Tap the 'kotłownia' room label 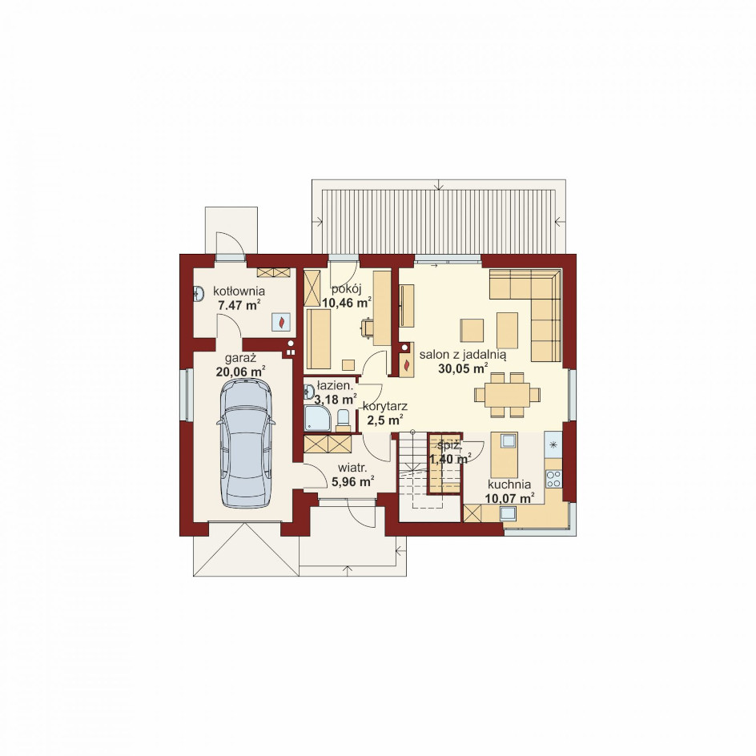click(x=239, y=292)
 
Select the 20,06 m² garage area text click(x=240, y=372)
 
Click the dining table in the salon click(x=508, y=395)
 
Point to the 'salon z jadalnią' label click(x=462, y=356)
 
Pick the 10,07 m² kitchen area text click(x=509, y=498)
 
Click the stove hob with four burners click(x=553, y=478)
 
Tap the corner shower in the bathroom click(x=317, y=417)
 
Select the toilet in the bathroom click(x=343, y=420)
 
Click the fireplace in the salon click(x=408, y=362)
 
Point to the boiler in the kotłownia click(x=281, y=322)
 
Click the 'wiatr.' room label click(x=353, y=468)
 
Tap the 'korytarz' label click(x=385, y=406)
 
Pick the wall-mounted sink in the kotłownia click(x=198, y=294)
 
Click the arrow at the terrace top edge click(x=439, y=186)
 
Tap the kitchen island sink click(x=509, y=440)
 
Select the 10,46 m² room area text click(x=346, y=303)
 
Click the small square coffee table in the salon click(x=472, y=330)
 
